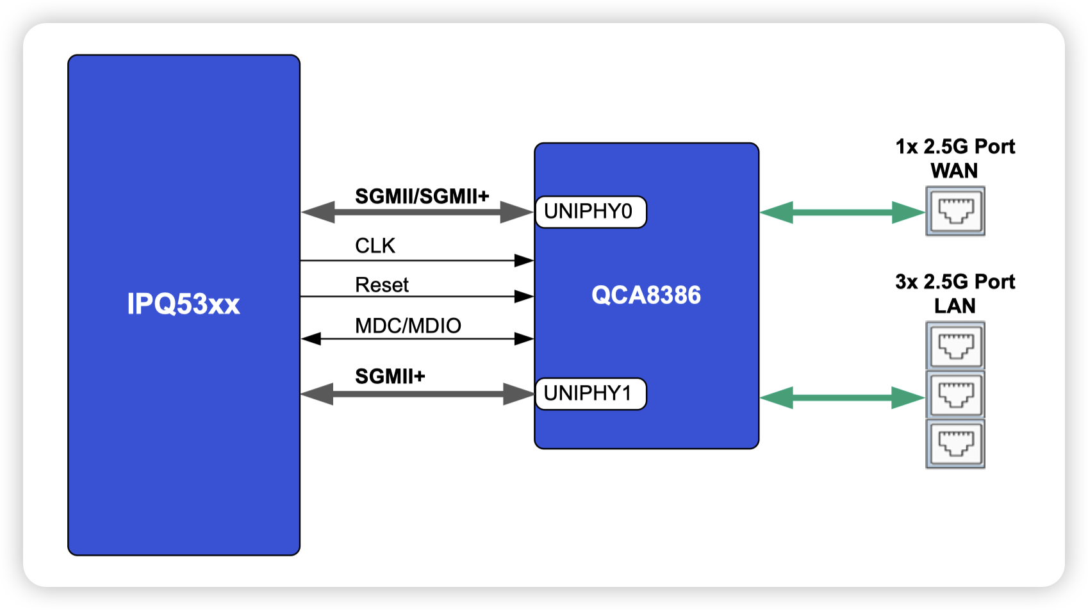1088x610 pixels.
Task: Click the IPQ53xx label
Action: (183, 304)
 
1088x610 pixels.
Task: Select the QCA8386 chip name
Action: (646, 295)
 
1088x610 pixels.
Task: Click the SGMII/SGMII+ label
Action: (422, 196)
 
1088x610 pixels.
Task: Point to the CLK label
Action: (375, 245)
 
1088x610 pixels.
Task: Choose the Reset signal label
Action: (382, 284)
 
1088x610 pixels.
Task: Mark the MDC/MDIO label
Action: (408, 326)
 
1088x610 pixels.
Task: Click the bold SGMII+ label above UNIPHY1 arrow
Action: (390, 376)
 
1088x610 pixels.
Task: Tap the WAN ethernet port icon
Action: (955, 211)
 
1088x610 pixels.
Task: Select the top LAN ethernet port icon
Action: (955, 346)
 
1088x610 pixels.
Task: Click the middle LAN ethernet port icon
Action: (955, 394)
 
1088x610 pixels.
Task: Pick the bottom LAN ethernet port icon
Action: (955, 443)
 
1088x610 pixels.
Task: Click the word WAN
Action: (954, 171)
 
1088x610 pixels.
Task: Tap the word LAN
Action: (955, 306)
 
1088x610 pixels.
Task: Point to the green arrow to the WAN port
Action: (842, 212)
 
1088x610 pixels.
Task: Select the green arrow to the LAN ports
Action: (842, 397)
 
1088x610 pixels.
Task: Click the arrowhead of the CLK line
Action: (525, 260)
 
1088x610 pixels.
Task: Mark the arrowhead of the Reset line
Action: (525, 296)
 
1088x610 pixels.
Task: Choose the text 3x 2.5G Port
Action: (955, 282)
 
